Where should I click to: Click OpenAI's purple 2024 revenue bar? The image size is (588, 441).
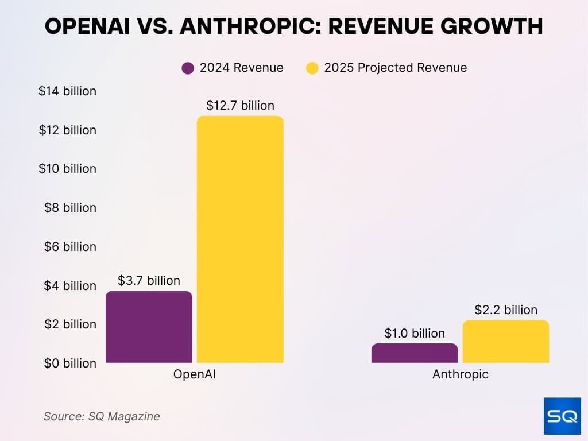pyautogui.click(x=149, y=327)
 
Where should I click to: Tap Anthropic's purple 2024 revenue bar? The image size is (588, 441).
pyautogui.click(x=415, y=353)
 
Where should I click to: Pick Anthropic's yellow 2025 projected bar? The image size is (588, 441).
pyautogui.click(x=505, y=342)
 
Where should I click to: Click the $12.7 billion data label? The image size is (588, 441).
pyautogui.click(x=240, y=106)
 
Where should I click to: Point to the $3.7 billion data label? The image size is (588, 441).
pyautogui.click(x=149, y=281)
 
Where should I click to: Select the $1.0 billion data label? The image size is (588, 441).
pyautogui.click(x=415, y=334)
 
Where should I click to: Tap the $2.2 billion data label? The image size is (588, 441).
pyautogui.click(x=506, y=310)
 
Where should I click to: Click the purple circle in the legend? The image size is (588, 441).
pyautogui.click(x=188, y=68)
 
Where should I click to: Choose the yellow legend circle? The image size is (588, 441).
pyautogui.click(x=312, y=68)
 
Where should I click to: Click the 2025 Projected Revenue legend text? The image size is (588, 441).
pyautogui.click(x=395, y=68)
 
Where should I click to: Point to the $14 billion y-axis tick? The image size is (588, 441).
pyautogui.click(x=67, y=91)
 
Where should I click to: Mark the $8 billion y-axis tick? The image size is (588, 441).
pyautogui.click(x=70, y=208)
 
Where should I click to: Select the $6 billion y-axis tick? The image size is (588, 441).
pyautogui.click(x=70, y=246)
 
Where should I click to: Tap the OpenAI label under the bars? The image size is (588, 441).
pyautogui.click(x=194, y=375)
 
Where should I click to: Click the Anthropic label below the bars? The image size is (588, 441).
pyautogui.click(x=460, y=375)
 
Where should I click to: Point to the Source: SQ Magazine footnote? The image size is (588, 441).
pyautogui.click(x=102, y=416)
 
